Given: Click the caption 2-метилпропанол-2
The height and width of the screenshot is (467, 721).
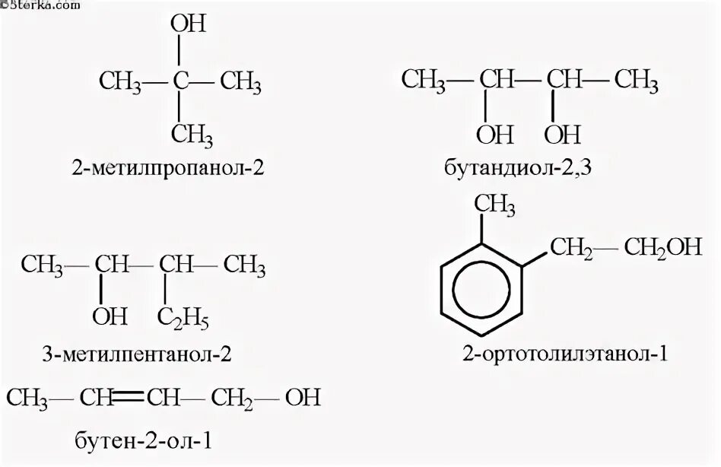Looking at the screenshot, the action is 170,168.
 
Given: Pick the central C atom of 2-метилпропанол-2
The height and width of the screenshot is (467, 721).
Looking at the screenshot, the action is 179,79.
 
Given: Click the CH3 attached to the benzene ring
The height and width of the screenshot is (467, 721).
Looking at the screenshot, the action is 495,204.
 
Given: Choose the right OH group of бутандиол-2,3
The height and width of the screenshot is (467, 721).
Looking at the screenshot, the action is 563,135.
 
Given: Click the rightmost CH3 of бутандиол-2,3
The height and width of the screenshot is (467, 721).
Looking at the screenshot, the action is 636,79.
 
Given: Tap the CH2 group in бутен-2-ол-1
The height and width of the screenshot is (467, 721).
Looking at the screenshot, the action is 231,397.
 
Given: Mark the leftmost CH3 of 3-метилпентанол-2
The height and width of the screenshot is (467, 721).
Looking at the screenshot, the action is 43,265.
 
